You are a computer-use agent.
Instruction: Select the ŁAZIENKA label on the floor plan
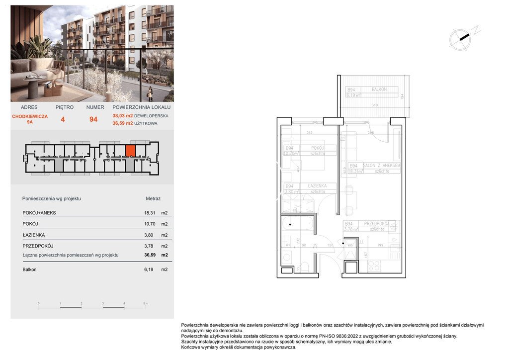pyautogui.click(x=317, y=185)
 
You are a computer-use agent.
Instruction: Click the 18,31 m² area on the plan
pyautogui.click(x=354, y=171)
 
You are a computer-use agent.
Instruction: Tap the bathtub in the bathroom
pyautogui.click(x=298, y=225)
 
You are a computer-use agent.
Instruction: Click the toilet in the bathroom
pyautogui.click(x=304, y=267)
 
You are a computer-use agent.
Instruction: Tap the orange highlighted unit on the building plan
pyautogui.click(x=130, y=150)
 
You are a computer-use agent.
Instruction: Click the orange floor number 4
pyautogui.click(x=63, y=119)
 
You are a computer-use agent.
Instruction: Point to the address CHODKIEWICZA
pyautogui.click(x=30, y=116)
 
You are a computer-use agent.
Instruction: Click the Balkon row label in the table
pyautogui.click(x=29, y=270)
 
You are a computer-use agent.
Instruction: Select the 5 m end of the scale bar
pyautogui.click(x=145, y=303)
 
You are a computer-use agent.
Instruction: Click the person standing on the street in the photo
pyautogui.click(x=150, y=93)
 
